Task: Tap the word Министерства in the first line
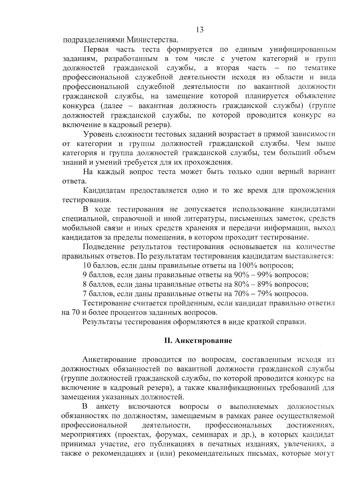point(154,40)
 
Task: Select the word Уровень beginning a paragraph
point(97,134)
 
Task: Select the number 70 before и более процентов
point(75,313)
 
